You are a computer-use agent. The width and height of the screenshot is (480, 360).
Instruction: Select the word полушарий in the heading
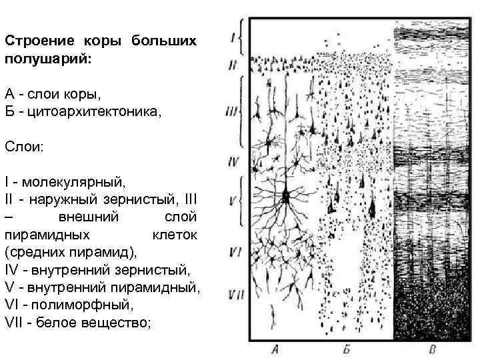(41, 59)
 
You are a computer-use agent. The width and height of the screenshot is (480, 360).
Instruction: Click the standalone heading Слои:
(24, 145)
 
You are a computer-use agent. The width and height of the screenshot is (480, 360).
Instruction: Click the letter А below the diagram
(275, 349)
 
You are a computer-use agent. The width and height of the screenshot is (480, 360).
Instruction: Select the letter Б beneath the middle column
(347, 349)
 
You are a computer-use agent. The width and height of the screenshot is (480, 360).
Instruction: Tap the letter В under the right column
(433, 349)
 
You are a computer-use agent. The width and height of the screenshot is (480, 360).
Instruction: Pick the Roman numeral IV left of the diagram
(233, 161)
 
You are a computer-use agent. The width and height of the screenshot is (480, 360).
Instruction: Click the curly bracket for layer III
(241, 110)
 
